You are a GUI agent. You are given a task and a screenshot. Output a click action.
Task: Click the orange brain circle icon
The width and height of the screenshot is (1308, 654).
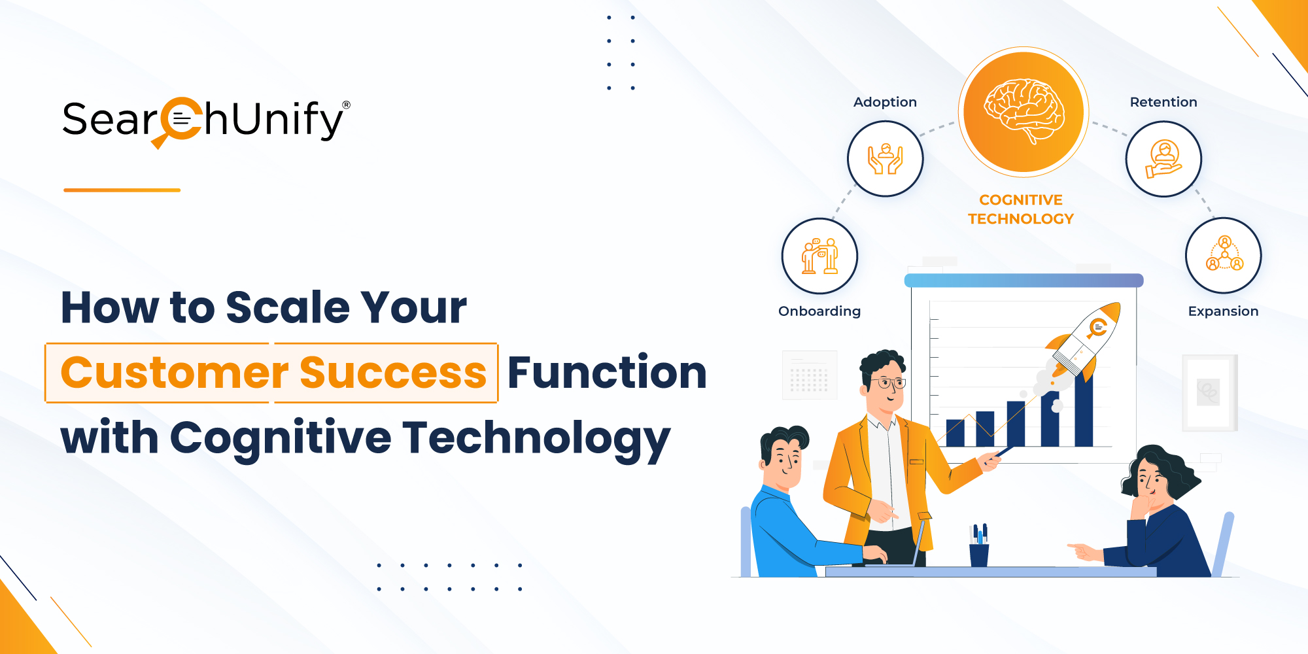(1024, 112)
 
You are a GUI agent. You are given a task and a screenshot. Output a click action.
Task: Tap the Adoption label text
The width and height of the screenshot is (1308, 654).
(885, 102)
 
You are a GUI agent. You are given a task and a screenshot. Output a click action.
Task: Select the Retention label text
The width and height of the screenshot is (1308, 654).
(1163, 102)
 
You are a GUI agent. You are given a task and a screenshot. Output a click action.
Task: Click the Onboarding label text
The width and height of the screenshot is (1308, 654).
(819, 311)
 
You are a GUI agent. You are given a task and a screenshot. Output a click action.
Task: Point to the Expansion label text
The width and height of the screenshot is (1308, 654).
(1223, 311)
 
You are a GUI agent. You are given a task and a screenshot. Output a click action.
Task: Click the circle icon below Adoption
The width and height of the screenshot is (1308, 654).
(886, 159)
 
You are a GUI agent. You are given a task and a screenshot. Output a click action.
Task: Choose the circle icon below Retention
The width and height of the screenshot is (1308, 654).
(1163, 159)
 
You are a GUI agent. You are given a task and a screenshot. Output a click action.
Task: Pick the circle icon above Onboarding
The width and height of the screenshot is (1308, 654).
(819, 256)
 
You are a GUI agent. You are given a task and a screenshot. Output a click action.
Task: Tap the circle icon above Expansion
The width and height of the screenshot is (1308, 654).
(1224, 256)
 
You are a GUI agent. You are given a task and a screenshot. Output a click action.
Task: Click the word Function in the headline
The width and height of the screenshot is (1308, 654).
(607, 372)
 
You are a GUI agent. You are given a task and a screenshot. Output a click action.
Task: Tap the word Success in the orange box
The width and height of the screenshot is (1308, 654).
(393, 373)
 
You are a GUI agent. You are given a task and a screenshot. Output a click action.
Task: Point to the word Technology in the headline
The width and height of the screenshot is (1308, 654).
(536, 439)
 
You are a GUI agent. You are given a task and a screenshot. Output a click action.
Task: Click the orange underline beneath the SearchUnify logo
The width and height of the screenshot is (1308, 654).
(122, 190)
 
